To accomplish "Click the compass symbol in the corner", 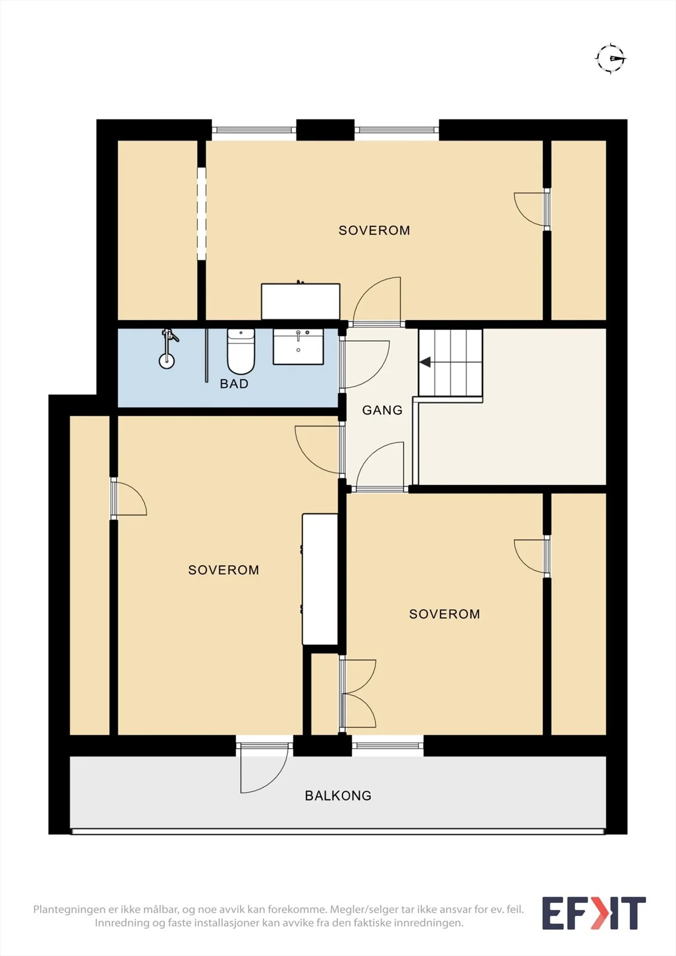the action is pos(611,59).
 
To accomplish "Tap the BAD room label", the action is pos(234,384).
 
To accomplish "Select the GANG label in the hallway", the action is pos(382,410).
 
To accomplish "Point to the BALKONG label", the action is pos(338,795).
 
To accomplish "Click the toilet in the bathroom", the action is pos(241,351).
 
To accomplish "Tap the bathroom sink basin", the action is pos(298,346).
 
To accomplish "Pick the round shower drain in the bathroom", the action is pos(167,361).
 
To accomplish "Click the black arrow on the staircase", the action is pos(425,362).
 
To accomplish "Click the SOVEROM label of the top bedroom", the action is pos(374,231).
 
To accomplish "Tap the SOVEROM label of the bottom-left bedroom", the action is pos(224,570).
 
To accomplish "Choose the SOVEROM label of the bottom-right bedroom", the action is pos(445,614).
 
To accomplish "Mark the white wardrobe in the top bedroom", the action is pos(301,301).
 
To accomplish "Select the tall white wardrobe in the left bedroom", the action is pos(320,579).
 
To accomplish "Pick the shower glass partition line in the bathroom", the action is pos(207,355).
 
